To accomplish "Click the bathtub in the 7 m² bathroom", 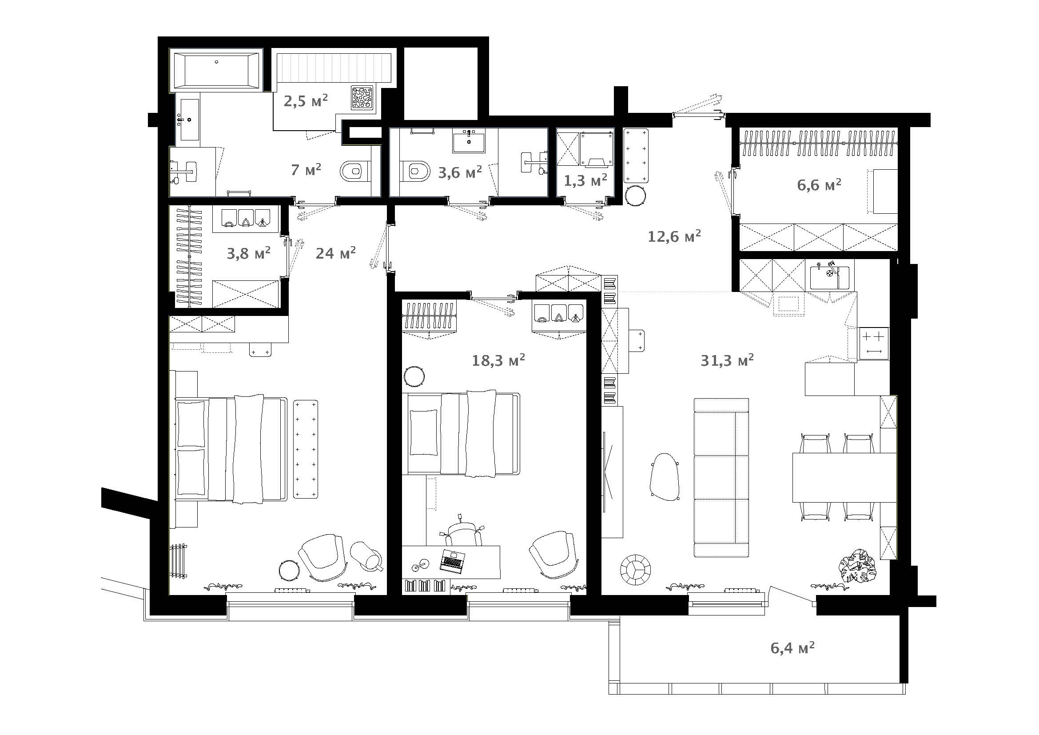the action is tap(217, 70).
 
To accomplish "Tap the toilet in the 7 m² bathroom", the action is tap(355, 171).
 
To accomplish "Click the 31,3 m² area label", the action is tap(727, 360).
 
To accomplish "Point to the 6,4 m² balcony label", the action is tap(792, 647).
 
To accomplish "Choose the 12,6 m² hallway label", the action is tap(674, 236).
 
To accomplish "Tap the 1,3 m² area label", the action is tap(585, 180).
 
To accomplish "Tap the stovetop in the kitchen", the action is tap(873, 344).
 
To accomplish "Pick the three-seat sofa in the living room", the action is tap(721, 477).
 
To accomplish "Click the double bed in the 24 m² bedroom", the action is tap(231, 449).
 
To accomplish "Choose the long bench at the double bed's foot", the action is tap(306, 449).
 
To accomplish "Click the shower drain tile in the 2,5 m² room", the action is tap(362, 98).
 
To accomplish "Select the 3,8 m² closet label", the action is tap(248, 253).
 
